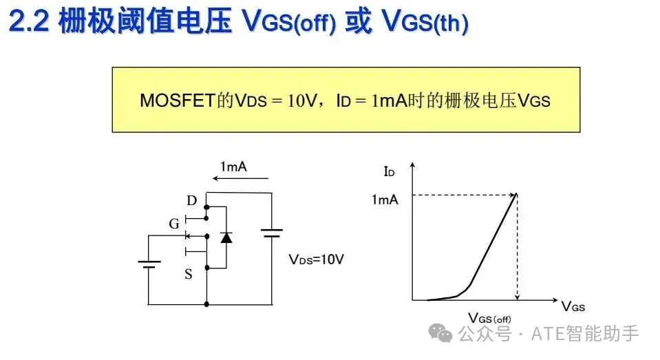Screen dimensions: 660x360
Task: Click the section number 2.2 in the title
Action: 29,21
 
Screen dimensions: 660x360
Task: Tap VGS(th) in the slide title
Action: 425,21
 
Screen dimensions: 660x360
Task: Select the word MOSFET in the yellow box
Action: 178,100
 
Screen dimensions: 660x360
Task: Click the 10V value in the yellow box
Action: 302,100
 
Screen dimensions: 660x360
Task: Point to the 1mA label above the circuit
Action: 233,167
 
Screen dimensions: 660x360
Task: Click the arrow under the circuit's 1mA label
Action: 240,178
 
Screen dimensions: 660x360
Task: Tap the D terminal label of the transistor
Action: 191,200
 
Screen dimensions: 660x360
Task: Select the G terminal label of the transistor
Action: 174,224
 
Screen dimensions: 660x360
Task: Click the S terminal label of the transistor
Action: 189,274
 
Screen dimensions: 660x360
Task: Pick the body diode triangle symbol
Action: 226,238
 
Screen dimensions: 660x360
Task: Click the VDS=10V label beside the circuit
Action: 316,259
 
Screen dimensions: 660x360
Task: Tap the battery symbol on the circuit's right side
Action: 271,233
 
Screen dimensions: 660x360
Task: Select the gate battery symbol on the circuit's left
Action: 149,264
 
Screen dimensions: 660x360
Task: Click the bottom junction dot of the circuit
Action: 206,304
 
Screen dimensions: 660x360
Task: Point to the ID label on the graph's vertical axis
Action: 389,171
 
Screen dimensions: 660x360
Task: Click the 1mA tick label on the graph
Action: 385,200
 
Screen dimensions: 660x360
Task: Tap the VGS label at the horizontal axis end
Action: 573,306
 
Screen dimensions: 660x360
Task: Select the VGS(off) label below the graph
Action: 489,318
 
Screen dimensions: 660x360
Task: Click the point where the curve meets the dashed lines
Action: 516,195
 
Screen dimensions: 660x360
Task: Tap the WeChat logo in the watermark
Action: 440,333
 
